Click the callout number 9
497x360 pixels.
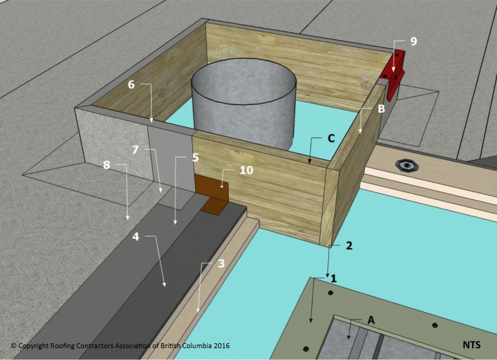click(x=413, y=42)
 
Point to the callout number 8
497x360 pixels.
click(x=107, y=166)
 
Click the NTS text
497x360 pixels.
click(x=472, y=344)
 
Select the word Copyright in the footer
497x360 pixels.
click(x=37, y=344)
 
